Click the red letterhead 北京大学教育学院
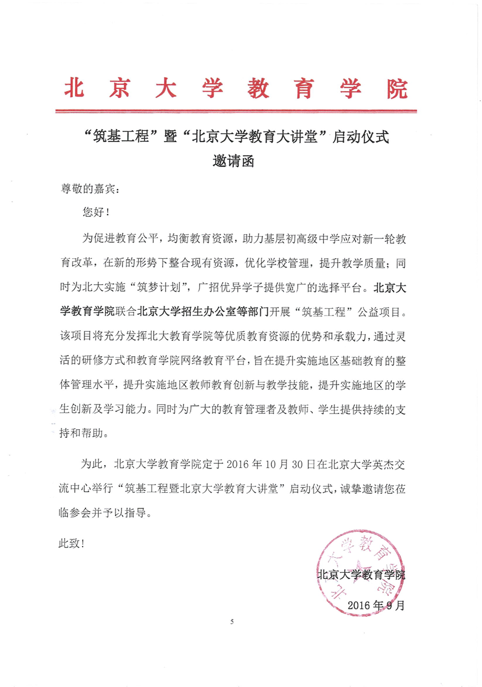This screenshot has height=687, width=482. pos(237,88)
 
